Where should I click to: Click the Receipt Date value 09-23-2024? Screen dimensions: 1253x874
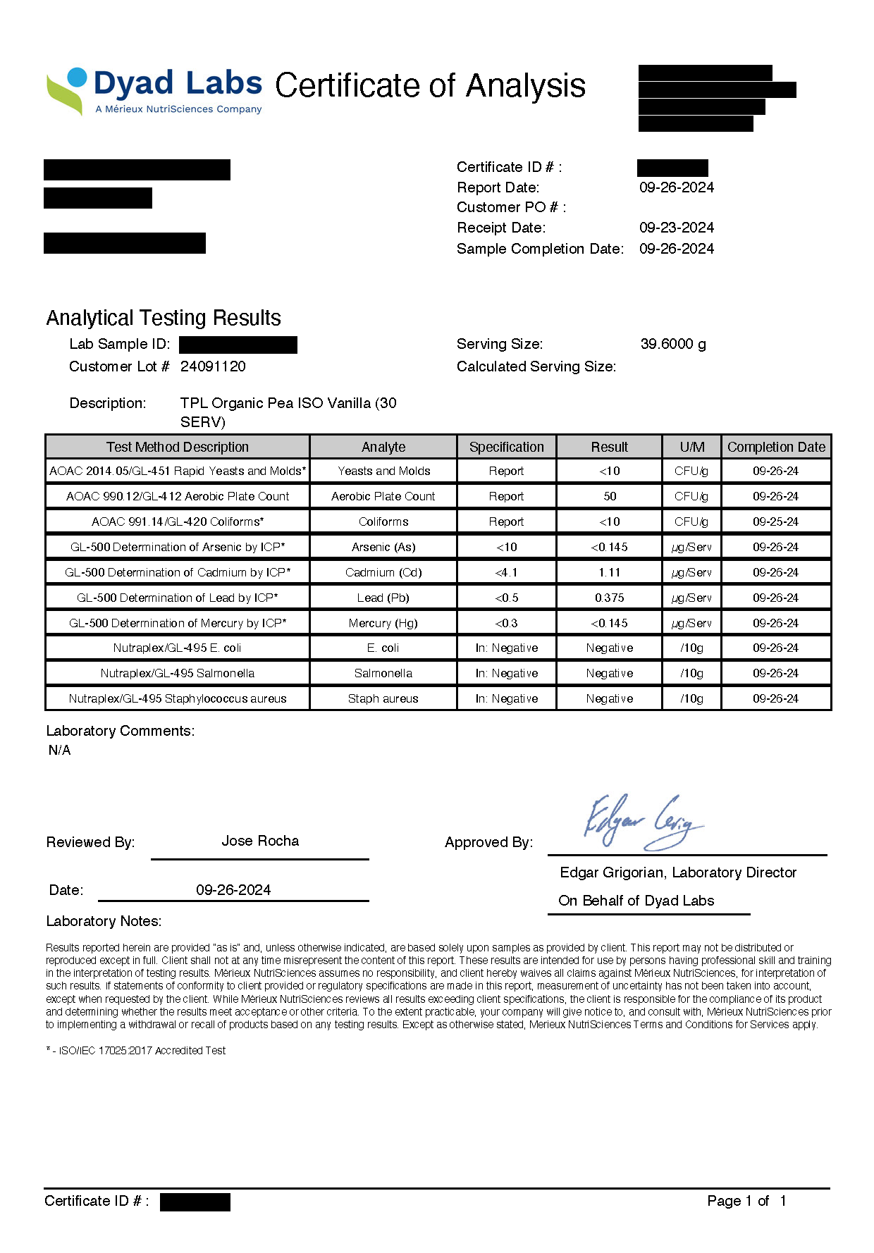[676, 228]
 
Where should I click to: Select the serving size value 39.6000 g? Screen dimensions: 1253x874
[672, 344]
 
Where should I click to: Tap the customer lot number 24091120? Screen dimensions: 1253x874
[213, 366]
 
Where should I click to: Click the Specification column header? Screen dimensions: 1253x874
[506, 447]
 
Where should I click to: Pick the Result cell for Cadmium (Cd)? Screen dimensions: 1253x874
[609, 572]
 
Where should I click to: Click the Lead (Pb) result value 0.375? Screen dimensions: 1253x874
[609, 598]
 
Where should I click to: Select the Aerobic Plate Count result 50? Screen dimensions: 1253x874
[610, 496]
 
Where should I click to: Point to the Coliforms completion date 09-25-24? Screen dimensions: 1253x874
[775, 521]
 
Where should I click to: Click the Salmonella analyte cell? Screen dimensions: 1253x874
[383, 673]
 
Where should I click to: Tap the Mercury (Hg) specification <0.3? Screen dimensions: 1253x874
[506, 623]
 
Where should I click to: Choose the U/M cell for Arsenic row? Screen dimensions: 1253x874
[691, 547]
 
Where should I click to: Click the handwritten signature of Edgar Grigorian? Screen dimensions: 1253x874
[642, 821]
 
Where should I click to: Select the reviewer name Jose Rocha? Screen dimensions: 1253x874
[260, 841]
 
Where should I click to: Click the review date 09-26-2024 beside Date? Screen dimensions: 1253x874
[233, 890]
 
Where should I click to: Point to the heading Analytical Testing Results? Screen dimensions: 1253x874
[164, 318]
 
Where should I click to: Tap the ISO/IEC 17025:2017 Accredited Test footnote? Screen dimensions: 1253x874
[136, 1050]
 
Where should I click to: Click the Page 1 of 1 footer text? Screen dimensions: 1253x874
[746, 1201]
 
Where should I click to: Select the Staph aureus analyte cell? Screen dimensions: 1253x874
[383, 698]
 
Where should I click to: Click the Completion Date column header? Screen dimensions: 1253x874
[776, 447]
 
